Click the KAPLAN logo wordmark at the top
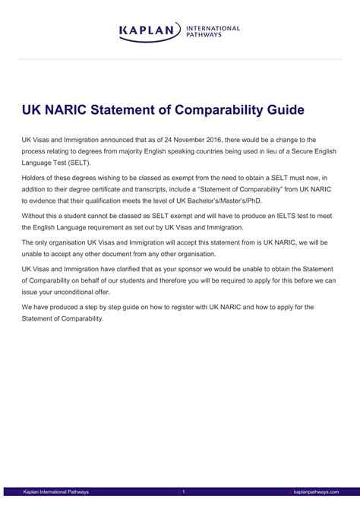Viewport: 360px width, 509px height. [x=150, y=31]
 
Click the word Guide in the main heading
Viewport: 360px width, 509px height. [x=283, y=109]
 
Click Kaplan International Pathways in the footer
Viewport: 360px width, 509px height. [x=57, y=492]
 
